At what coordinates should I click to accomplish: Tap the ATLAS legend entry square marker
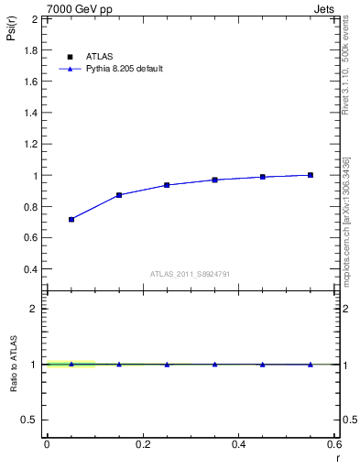coord(71,56)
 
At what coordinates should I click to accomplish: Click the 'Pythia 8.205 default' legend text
coord(125,69)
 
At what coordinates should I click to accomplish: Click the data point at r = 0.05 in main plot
coord(71,220)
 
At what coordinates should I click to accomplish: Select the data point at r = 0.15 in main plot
coord(119,195)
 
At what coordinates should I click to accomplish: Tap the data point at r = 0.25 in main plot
coord(167,185)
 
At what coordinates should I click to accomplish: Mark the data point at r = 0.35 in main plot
coord(214,180)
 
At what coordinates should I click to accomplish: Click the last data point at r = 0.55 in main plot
coord(311,175)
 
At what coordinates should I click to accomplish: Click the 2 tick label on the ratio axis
coord(34,309)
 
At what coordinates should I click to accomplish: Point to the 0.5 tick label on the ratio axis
coord(31,420)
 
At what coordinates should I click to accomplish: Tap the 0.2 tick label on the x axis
coord(142,444)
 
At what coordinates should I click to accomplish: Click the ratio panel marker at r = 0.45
coord(263,365)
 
